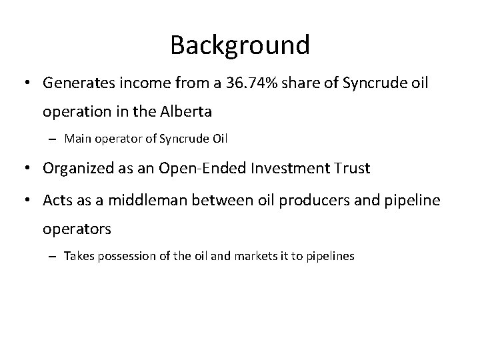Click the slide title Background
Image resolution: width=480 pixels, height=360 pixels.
click(240, 45)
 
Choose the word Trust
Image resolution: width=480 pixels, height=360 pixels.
click(347, 169)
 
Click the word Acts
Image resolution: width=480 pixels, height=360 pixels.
click(57, 199)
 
